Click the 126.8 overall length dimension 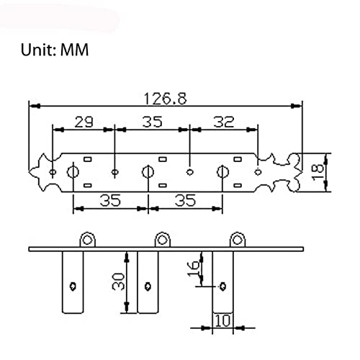pos(165,99)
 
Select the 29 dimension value pos(84,122)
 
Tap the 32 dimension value pos(224,122)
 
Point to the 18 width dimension pos(318,172)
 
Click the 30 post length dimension pos(118,282)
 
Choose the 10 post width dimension pos(222,320)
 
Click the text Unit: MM pos(55,50)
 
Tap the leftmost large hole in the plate pos(73,172)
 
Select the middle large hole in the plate pos(148,172)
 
